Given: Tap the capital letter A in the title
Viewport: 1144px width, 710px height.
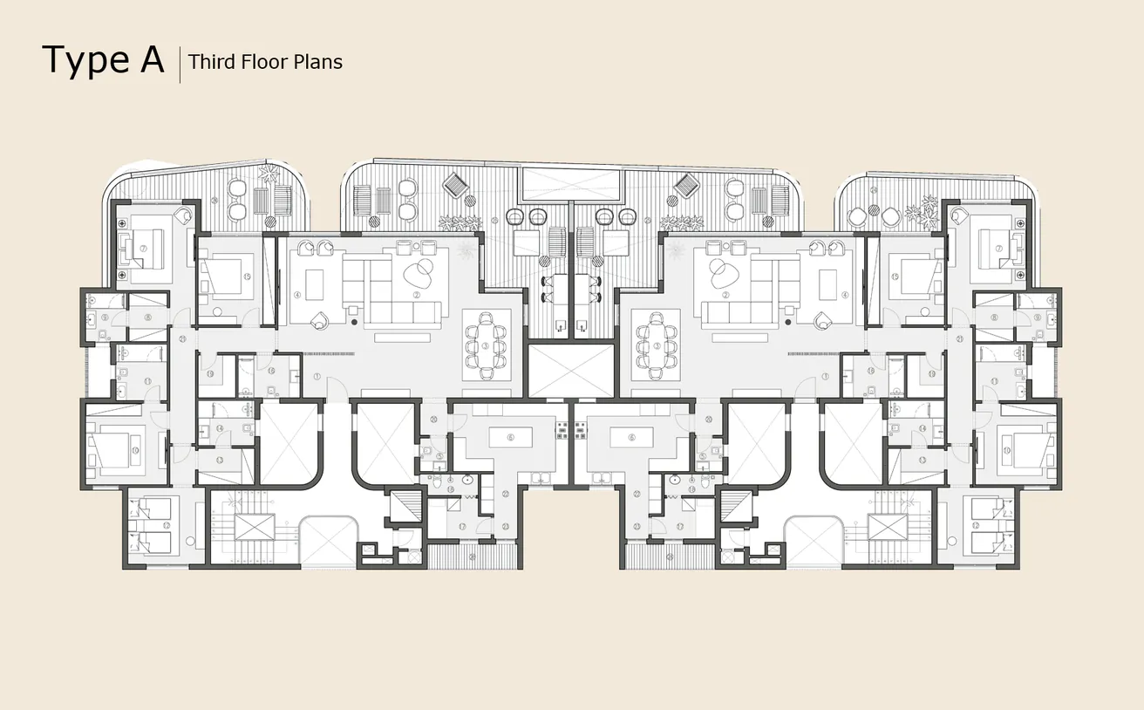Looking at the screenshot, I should [150, 59].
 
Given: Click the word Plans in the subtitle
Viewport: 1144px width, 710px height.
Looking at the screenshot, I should [319, 62].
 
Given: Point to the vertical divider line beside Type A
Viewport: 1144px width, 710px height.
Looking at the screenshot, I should [180, 65].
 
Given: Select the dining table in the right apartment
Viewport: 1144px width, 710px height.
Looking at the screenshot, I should [656, 345].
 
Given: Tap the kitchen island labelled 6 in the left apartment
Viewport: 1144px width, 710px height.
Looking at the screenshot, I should [510, 437].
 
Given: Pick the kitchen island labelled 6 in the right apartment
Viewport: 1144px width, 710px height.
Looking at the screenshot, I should [632, 437].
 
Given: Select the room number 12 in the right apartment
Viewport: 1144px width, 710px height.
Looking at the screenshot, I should [1001, 525].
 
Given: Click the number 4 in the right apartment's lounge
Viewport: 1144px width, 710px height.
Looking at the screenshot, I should [845, 295].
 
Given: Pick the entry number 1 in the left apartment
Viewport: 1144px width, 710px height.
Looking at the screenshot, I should [317, 376].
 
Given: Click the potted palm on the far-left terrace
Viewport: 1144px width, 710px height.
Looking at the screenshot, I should [269, 174].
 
